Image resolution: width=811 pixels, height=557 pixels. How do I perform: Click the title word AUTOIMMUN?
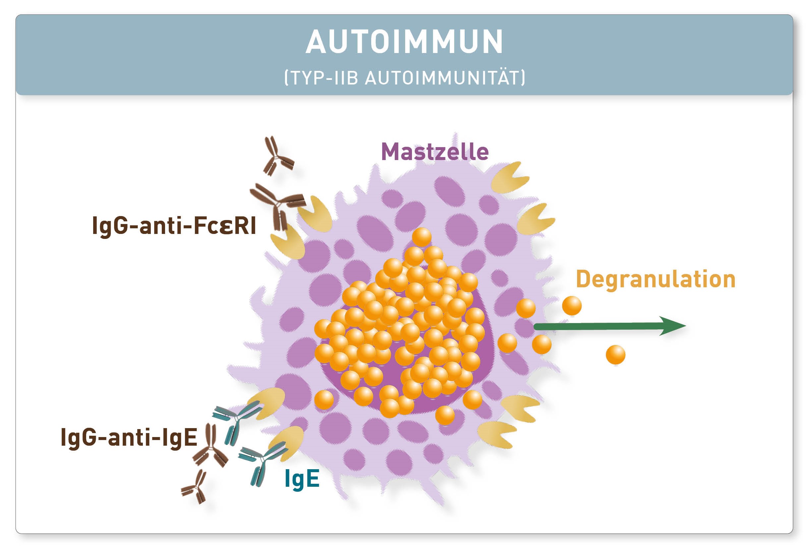click(404, 41)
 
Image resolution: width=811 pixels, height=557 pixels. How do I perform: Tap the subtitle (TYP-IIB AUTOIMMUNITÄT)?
click(405, 78)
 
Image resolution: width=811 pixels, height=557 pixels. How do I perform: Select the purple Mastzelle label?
click(434, 152)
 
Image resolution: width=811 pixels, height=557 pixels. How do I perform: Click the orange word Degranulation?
click(656, 279)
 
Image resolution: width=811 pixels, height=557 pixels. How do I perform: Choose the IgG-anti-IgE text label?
click(129, 437)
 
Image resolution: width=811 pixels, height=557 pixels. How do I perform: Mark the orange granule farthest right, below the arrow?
click(615, 355)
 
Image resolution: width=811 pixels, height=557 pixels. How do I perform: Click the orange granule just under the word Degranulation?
click(571, 306)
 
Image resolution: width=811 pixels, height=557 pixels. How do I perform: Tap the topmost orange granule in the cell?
click(422, 237)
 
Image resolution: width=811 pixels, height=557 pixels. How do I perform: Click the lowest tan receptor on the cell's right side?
click(496, 434)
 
